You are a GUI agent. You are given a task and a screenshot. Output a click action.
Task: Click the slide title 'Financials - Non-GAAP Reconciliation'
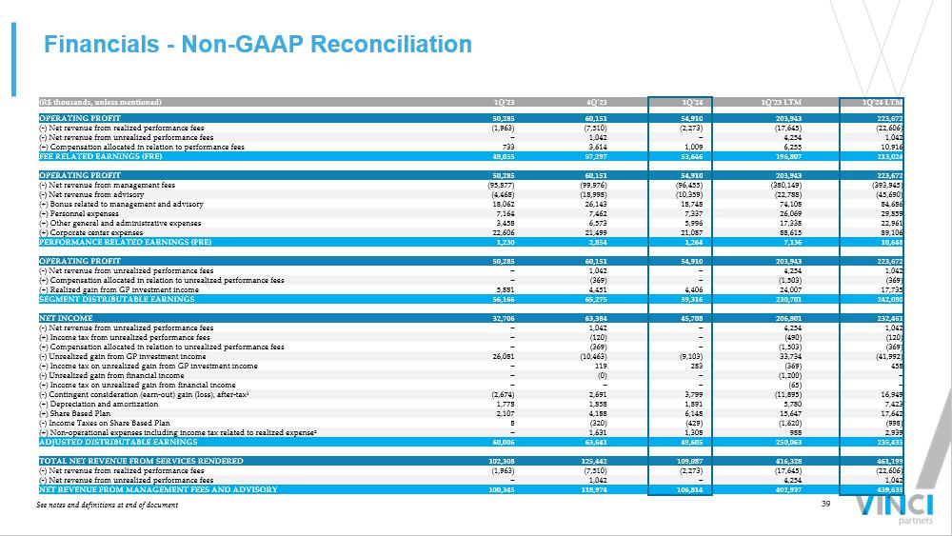[258, 45]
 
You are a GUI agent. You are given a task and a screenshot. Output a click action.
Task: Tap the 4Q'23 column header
[597, 102]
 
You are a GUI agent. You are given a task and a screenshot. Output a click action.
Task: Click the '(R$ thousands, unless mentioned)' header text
[100, 102]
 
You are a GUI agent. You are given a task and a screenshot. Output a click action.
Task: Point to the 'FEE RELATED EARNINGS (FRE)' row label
[93, 156]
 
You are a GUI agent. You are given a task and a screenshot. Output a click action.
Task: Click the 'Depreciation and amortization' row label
[100, 404]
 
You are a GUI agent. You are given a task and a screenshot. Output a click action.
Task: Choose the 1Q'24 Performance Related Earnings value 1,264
[691, 243]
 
